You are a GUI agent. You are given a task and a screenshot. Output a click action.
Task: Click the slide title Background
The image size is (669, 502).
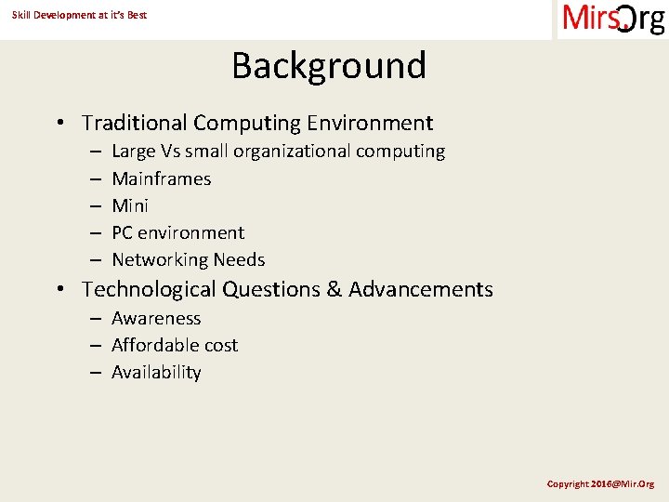tap(329, 66)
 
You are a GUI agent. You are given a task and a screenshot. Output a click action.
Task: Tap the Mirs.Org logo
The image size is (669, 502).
tap(613, 19)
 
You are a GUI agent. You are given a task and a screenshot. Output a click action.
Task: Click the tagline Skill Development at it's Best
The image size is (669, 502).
tap(79, 15)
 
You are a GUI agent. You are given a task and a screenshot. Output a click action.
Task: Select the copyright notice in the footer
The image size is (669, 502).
tap(600, 483)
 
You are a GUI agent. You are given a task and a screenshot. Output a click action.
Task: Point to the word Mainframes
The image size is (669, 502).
tap(162, 178)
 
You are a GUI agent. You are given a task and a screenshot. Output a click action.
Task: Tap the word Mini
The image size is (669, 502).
tap(130, 205)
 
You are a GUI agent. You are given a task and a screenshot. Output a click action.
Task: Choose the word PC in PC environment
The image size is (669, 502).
tap(123, 232)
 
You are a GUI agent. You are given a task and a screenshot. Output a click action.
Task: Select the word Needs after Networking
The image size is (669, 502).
tap(239, 260)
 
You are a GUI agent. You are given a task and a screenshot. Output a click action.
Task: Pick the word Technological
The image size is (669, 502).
tap(149, 290)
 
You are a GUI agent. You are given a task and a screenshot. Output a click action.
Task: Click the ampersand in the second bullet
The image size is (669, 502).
tap(334, 290)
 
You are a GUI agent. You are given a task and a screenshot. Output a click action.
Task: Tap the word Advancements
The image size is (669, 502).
tap(421, 290)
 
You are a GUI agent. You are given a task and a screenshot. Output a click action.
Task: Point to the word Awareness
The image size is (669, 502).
tap(156, 318)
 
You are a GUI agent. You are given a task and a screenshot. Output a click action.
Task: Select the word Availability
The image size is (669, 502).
tap(156, 372)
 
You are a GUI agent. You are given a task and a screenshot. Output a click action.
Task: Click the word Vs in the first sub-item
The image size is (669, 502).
tap(170, 151)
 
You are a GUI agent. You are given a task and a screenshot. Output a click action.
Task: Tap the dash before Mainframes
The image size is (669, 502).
tap(96, 178)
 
